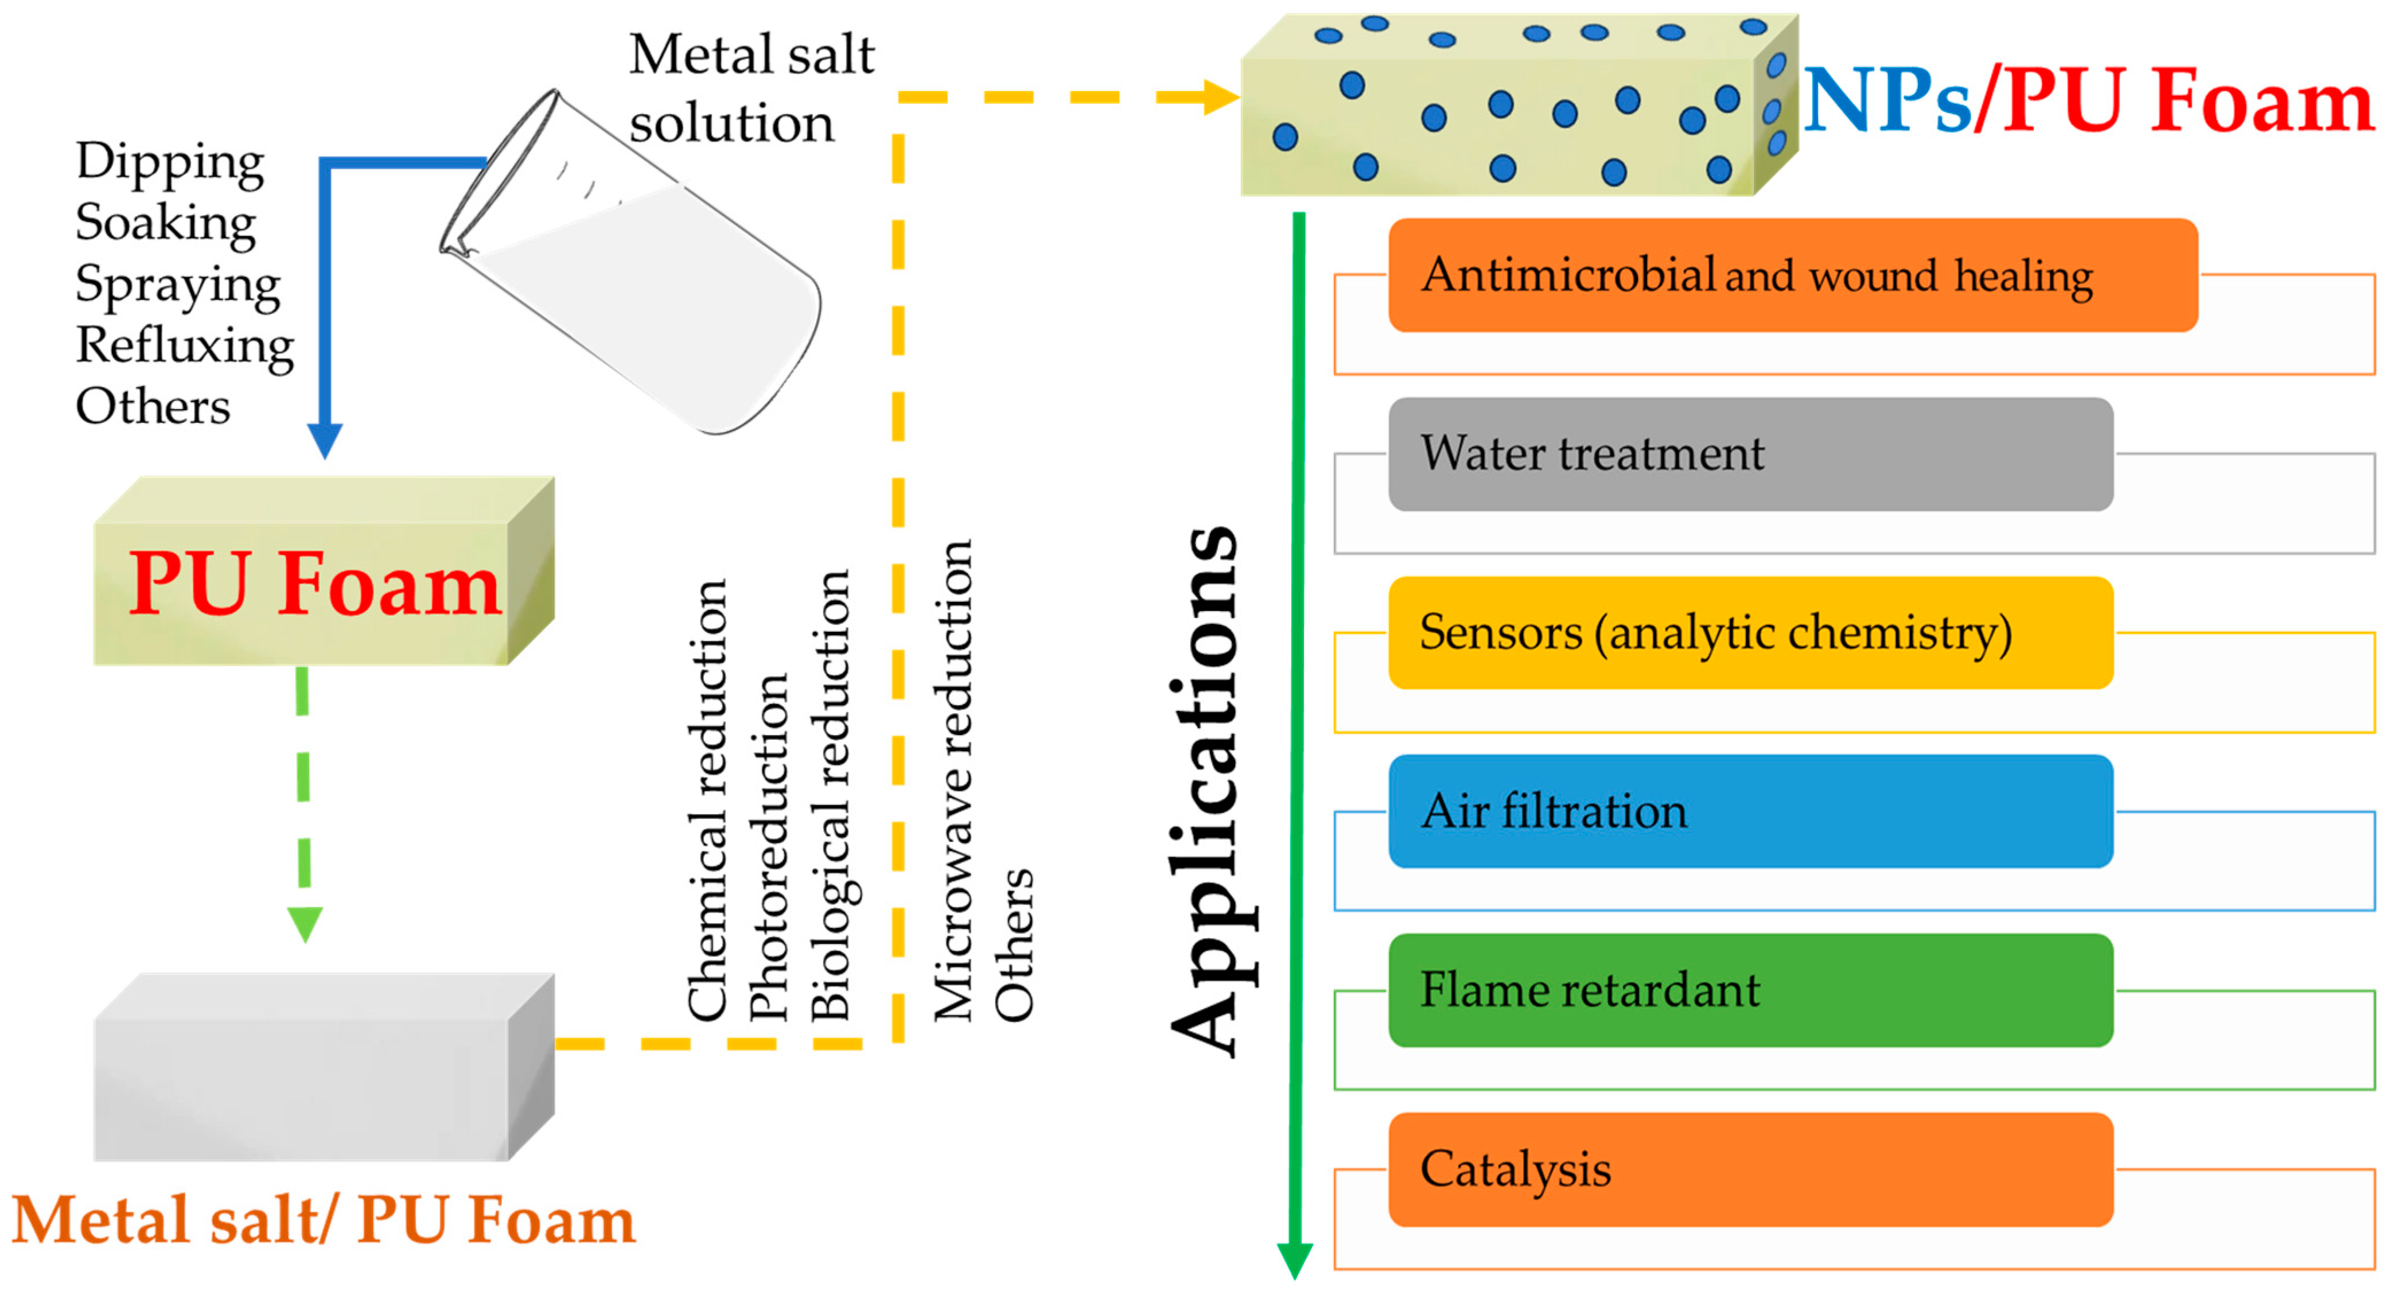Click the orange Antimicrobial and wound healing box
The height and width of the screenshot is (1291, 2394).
1792,275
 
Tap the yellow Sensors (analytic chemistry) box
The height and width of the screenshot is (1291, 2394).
1750,633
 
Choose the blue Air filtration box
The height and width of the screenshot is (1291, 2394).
1750,811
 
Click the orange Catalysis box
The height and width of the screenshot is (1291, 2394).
1750,1169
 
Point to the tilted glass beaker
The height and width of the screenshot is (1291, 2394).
641,270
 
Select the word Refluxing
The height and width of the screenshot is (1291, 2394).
184,346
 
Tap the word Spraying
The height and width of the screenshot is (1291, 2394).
177,285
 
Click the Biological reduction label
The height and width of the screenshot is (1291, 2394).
831,795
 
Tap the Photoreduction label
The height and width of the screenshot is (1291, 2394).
769,846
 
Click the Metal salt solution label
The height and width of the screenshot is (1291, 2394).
751,88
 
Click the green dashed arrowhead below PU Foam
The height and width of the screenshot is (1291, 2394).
305,924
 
